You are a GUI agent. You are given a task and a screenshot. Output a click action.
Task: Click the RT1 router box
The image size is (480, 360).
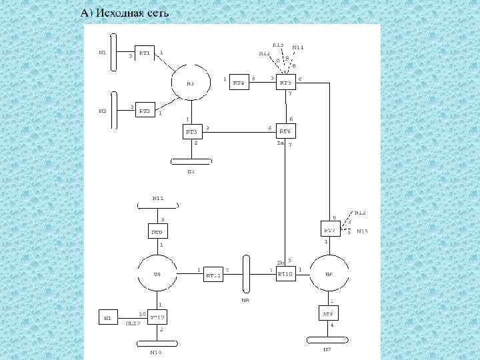click(145, 53)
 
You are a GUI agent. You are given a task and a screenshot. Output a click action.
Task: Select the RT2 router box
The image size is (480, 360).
click(145, 110)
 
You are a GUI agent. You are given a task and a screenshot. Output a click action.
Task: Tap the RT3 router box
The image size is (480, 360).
click(193, 131)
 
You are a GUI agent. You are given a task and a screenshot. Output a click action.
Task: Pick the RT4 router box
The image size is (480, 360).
click(239, 82)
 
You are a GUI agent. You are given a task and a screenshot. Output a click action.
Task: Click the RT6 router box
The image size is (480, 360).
click(285, 131)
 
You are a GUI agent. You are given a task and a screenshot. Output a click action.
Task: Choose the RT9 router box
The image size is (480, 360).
click(157, 232)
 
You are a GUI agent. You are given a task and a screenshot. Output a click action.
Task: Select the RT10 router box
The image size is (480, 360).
click(285, 273)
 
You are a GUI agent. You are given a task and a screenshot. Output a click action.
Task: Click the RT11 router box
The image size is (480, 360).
click(213, 273)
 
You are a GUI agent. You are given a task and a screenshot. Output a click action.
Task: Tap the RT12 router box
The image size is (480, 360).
click(157, 317)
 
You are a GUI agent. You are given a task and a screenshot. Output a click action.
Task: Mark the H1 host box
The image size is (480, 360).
click(107, 317)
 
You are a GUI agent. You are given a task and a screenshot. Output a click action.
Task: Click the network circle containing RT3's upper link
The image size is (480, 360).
click(191, 83)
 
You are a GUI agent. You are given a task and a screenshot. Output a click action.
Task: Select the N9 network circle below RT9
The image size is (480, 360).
click(157, 273)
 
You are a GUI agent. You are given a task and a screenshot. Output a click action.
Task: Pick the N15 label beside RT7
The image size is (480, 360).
click(362, 231)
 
